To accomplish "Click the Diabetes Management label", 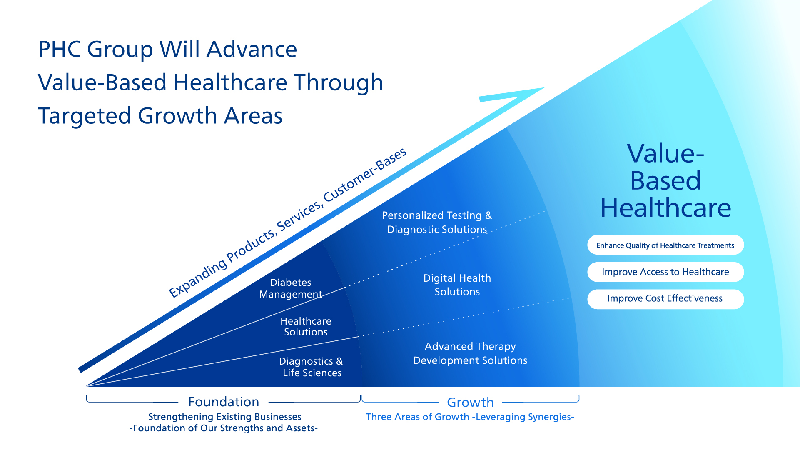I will click(291, 288).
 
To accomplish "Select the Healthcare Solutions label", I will click(306, 327).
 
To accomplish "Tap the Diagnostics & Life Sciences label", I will click(311, 367).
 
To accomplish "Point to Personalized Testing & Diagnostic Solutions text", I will click(437, 222).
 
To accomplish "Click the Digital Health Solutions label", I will click(457, 285).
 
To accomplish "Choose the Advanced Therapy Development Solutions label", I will click(470, 353).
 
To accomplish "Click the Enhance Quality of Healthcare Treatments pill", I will click(665, 245).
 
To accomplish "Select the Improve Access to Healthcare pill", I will click(665, 272).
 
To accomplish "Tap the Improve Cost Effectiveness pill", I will click(665, 299).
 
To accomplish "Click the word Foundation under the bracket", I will click(224, 402).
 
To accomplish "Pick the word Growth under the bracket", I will click(470, 402).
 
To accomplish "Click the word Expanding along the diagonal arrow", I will click(198, 278).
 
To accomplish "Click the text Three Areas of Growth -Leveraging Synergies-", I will click(470, 417).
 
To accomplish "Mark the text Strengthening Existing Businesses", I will click(224, 417).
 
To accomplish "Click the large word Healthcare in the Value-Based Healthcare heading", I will click(665, 208).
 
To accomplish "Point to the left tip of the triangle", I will click(87, 386).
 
